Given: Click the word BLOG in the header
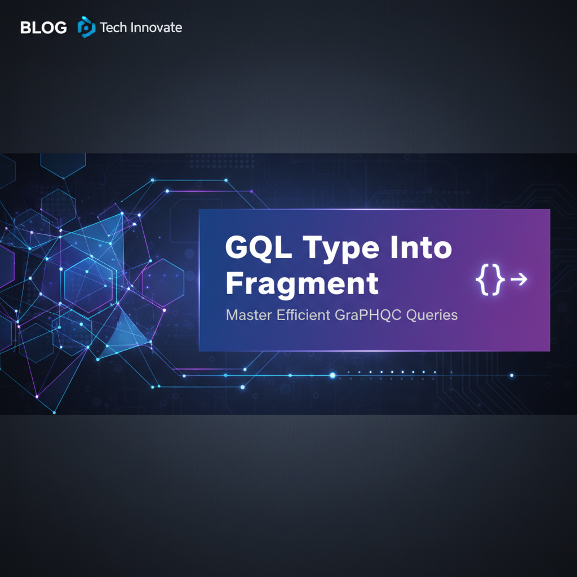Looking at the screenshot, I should pos(43,27).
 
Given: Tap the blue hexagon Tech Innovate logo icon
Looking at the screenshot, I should pos(86,26).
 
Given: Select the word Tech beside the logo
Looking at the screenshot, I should pos(113,27).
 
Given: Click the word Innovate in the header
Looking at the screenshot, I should pos(156,27).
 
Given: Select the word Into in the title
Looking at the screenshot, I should pos(422,248).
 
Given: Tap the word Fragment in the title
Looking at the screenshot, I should pos(301,283).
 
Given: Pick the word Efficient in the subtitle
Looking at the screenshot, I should pos(303,315).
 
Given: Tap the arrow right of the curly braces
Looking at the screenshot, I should pos(518,279).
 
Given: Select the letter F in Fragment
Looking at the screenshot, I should pos(233,283).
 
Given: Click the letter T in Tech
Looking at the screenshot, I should pos(103,27).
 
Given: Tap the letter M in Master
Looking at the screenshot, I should pos(231,315).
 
